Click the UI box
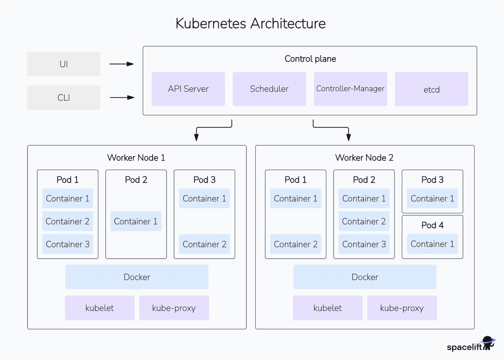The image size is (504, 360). click(x=63, y=64)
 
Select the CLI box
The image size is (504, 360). click(x=63, y=98)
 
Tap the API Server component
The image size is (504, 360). click(x=188, y=89)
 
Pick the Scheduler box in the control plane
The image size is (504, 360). click(x=269, y=89)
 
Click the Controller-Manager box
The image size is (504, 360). click(x=350, y=89)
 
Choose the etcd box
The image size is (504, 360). click(x=431, y=89)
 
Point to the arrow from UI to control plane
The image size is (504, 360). click(x=121, y=64)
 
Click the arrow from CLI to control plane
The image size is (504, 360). click(x=121, y=98)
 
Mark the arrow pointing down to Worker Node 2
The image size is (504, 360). click(x=336, y=128)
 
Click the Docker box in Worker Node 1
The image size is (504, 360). click(x=137, y=277)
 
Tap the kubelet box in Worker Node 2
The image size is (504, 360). click(x=328, y=308)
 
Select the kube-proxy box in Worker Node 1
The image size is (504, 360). click(x=174, y=308)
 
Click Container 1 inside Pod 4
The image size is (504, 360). click(x=432, y=244)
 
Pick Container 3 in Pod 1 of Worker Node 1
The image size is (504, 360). click(x=68, y=244)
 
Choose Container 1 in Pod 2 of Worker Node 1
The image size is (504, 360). click(x=136, y=221)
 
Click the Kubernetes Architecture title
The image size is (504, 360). click(x=251, y=23)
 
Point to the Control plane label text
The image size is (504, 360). click(x=310, y=59)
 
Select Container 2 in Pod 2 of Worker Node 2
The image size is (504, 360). click(x=364, y=221)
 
